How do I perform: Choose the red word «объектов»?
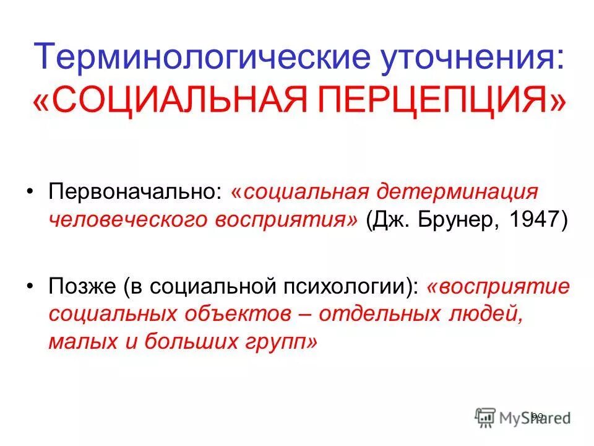[235, 315]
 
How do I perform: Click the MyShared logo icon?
[485, 416]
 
